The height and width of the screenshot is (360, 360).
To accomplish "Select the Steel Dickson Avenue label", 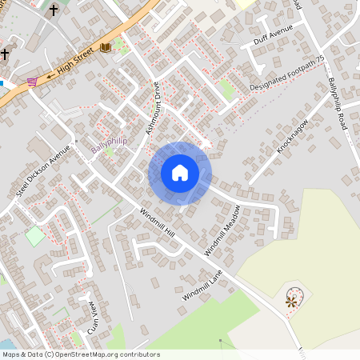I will (x=43, y=170).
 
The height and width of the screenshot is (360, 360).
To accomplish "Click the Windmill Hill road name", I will (x=156, y=222).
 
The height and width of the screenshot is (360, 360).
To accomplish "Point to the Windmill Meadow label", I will (x=222, y=230).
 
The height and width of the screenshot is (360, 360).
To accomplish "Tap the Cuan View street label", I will (x=93, y=317).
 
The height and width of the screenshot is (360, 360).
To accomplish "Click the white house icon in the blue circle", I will (x=180, y=173).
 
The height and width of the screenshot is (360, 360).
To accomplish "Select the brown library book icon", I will (x=106, y=47).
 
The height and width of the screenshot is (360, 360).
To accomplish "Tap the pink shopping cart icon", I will (x=32, y=81).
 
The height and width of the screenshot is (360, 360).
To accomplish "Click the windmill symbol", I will (x=292, y=301).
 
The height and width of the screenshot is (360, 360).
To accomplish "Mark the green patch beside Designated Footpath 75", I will (x=227, y=90).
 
